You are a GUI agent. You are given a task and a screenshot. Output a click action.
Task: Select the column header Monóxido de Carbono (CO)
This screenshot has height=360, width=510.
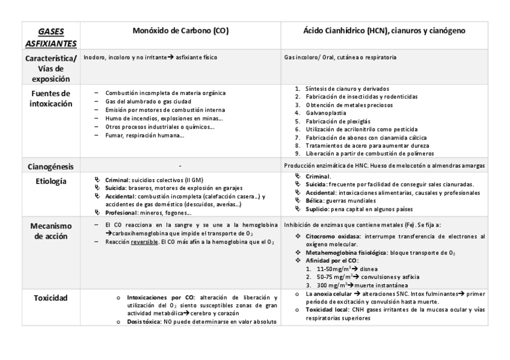point(180,30)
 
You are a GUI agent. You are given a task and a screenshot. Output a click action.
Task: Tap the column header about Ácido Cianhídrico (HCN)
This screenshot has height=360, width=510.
point(383,30)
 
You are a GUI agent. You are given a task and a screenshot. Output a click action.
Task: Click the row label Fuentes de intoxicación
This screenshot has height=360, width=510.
point(51,99)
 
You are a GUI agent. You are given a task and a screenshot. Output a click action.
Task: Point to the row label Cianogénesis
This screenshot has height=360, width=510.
point(51,166)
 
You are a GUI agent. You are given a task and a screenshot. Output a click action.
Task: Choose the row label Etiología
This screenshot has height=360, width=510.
point(51,180)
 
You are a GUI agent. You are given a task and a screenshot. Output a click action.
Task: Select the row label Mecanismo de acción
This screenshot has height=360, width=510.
point(51,231)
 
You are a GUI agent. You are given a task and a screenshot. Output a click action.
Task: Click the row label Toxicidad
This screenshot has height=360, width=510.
point(51,297)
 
